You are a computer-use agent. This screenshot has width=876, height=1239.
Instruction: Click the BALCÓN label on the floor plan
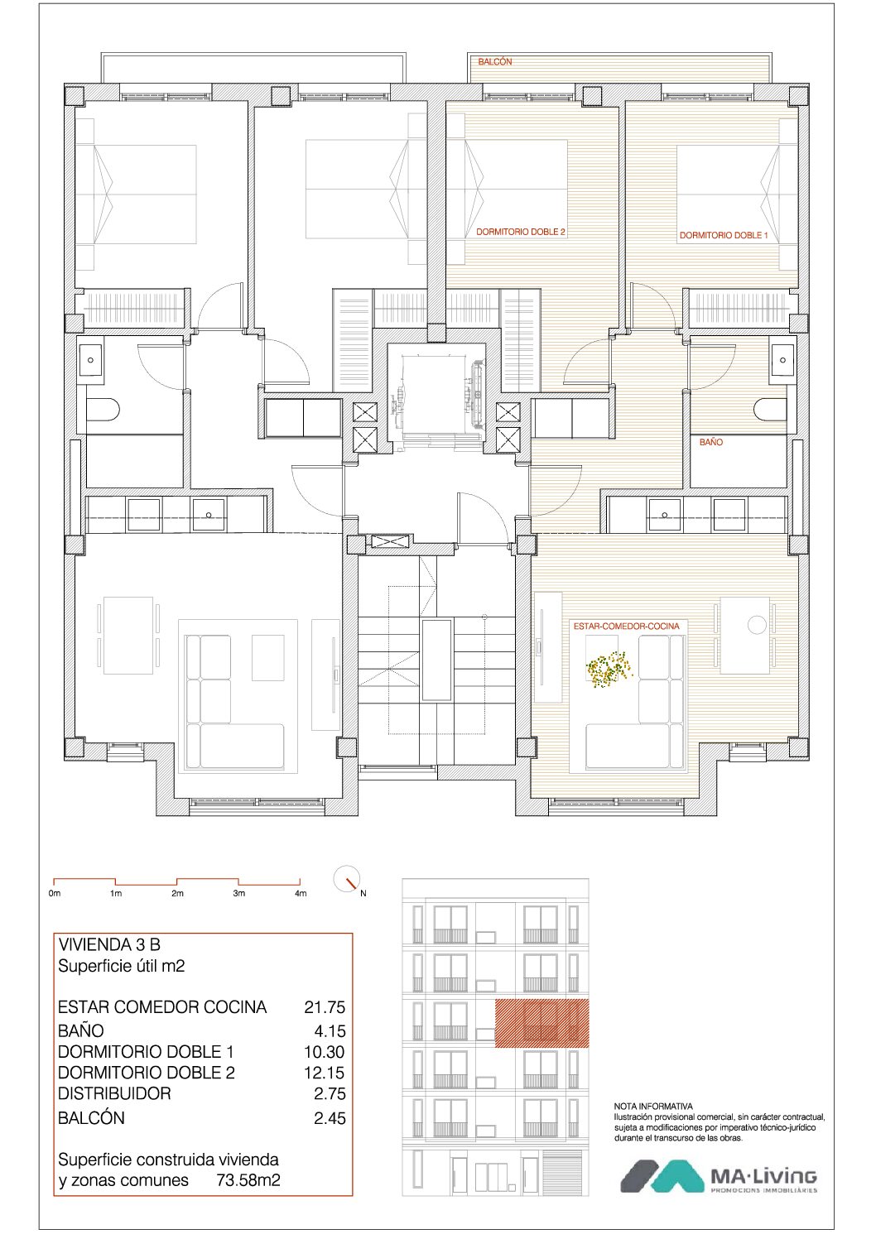[495, 62]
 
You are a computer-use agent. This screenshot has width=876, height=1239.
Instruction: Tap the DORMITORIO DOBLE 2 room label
[521, 232]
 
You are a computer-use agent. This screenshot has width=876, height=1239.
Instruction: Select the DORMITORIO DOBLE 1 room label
[724, 235]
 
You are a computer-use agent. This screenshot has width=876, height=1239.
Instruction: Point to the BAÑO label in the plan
[710, 442]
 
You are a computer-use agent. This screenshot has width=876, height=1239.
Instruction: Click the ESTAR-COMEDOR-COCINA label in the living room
[626, 627]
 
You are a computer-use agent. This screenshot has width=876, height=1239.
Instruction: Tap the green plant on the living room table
[609, 669]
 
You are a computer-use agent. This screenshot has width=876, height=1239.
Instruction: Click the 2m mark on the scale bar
[177, 893]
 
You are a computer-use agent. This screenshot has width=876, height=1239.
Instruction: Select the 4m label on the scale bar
[301, 893]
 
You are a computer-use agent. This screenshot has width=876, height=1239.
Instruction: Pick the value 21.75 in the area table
[325, 1007]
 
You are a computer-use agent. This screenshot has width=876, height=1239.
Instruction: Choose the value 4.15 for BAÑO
[330, 1031]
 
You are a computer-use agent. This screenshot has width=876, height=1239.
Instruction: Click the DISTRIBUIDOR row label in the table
[114, 1093]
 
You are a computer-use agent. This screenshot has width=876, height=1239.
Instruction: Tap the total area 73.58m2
[248, 1180]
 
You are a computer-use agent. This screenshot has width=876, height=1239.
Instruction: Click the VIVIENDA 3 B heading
[109, 944]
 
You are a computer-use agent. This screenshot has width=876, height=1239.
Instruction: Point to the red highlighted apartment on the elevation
[541, 1024]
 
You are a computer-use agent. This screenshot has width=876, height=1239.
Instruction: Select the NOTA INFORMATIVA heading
[653, 1107]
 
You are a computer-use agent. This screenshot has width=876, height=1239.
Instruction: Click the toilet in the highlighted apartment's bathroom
[770, 410]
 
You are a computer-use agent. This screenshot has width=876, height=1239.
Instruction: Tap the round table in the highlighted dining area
[757, 625]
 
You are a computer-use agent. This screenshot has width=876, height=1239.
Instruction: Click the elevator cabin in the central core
[436, 395]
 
